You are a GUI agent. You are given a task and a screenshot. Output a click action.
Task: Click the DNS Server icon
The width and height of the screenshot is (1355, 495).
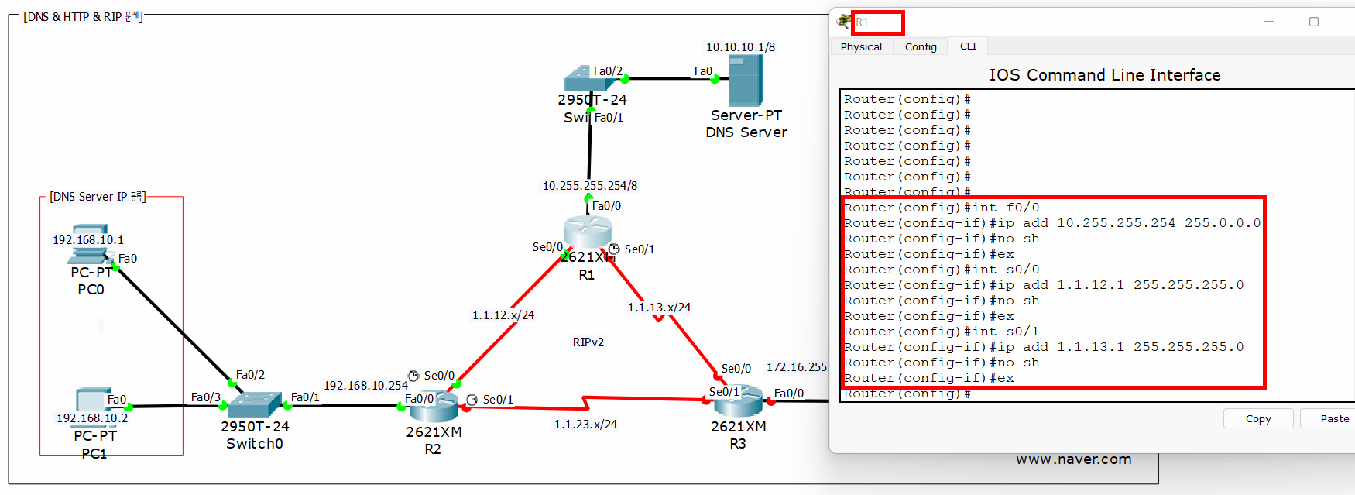pos(745,81)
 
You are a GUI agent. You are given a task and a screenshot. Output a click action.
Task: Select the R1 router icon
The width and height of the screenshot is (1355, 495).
pos(588,232)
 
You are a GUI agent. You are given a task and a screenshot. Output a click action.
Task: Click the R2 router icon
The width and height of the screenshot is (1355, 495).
pos(434,405)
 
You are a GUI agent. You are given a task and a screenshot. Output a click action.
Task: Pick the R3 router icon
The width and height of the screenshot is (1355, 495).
pos(737,400)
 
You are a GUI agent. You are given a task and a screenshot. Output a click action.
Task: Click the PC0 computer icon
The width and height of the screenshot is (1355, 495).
pos(91,244)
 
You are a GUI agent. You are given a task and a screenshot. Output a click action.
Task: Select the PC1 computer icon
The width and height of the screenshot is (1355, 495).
pos(91,400)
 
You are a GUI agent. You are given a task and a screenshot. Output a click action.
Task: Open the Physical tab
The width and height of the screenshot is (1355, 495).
pos(861,46)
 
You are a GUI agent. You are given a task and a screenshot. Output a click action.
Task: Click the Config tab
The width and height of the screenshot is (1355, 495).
pos(921,46)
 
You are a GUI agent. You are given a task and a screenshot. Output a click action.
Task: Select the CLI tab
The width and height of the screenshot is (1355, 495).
pos(968,46)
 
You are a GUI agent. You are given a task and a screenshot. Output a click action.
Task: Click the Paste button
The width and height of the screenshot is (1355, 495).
pos(1334,418)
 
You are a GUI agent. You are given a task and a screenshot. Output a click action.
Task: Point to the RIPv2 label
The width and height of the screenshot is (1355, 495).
pos(588,342)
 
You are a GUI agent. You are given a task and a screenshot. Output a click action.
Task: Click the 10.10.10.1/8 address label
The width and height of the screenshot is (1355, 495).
pos(740,47)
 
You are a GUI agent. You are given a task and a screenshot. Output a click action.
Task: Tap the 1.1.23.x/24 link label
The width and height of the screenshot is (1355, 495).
pos(585,425)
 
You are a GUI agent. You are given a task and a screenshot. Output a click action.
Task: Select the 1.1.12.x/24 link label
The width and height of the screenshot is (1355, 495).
pos(503,315)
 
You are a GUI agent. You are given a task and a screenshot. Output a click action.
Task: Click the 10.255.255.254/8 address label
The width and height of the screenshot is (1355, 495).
pos(589,186)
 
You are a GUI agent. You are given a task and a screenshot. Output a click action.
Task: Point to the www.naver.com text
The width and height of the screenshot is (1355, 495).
pos(1073,459)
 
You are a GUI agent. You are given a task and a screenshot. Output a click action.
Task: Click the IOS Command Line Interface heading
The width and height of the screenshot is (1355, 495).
pos(1104,75)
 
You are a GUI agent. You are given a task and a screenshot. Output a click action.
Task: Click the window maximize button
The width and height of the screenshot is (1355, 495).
pos(1314,22)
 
